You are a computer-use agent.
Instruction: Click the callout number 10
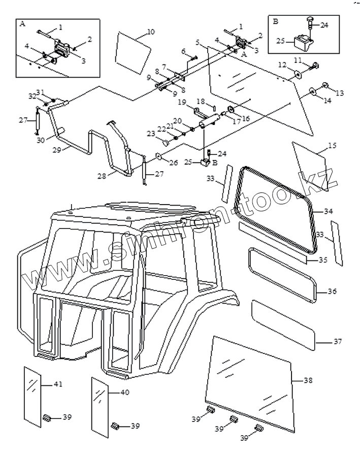click(x=150, y=32)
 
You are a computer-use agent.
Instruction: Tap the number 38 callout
click(x=308, y=380)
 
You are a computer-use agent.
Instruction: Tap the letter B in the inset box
click(x=275, y=22)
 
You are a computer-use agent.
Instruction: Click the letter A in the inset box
click(x=22, y=23)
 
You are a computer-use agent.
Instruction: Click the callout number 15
click(x=332, y=146)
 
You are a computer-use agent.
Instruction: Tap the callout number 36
click(x=332, y=291)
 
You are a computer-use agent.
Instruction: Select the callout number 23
click(x=150, y=134)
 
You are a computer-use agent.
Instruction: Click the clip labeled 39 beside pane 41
click(x=47, y=418)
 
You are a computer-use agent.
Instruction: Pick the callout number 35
click(x=323, y=260)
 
